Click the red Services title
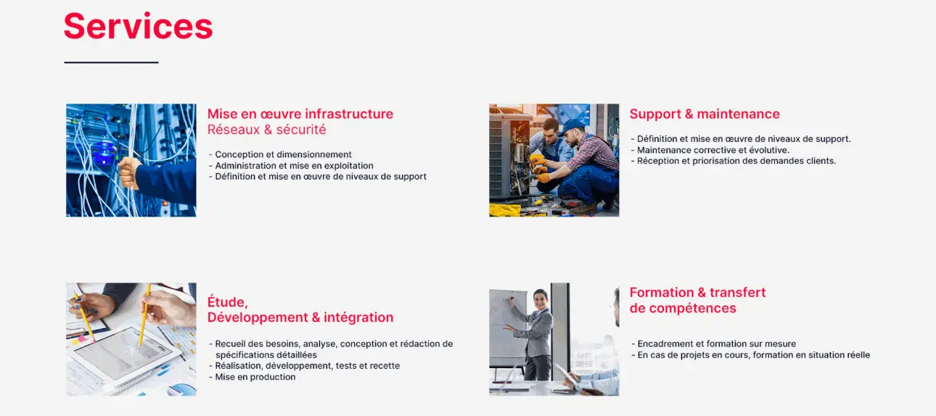pos(139,26)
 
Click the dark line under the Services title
pos(112,62)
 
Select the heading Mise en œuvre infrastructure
pos(300,114)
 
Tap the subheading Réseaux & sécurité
pos(266,130)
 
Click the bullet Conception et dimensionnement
pos(280,154)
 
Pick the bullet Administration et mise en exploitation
pos(291,166)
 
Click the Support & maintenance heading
pos(705,114)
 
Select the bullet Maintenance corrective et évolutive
pos(710,150)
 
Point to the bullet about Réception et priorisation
pos(734,161)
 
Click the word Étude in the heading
pos(227,301)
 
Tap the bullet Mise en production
pos(253,377)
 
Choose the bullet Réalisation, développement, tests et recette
pos(305,366)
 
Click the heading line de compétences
pos(683,308)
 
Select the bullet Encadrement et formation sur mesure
pos(714,344)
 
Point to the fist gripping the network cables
pos(129,172)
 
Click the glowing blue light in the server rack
pos(104,153)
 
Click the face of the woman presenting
pos(541,299)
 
